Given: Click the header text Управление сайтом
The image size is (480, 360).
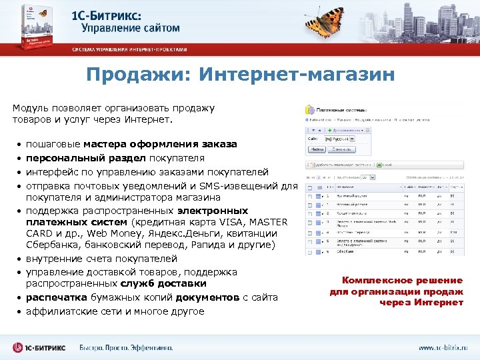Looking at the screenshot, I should pos(131,28).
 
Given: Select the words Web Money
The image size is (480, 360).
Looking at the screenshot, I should pos(103,233).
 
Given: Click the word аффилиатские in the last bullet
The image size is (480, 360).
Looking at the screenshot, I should pos(61,311).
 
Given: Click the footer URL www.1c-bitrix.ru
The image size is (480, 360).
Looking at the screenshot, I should pos(443,347).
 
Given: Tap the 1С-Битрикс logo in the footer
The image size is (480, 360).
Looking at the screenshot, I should pos(39,347).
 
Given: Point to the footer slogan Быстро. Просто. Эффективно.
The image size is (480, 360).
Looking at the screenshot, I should pos(126,347).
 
